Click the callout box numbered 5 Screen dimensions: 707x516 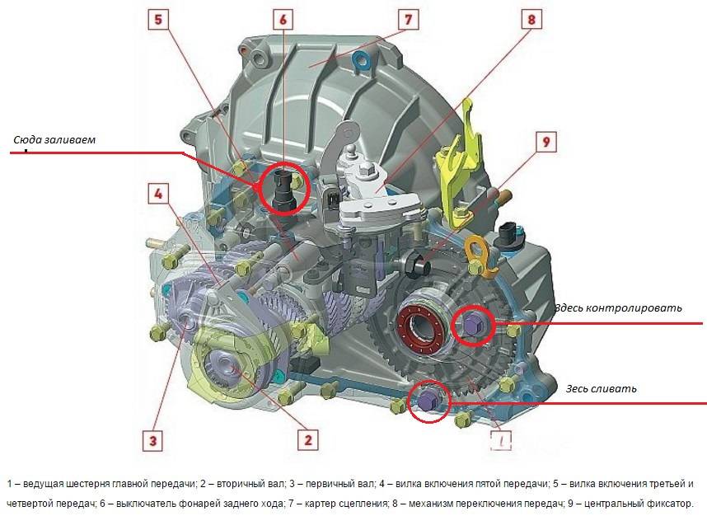158,20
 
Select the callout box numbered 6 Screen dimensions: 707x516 283,20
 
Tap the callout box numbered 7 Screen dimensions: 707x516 409,20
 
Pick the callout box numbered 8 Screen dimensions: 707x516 532,20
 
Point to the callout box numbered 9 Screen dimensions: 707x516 546,142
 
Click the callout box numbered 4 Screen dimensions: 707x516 158,194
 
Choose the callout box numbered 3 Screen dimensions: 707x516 152,440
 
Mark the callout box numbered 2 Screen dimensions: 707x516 308,439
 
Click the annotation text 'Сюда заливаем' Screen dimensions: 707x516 54,139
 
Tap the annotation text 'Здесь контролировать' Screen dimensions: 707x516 618,307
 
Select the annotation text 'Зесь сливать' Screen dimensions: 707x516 601,388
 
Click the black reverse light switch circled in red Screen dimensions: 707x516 283,190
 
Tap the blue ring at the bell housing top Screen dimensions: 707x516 362,61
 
